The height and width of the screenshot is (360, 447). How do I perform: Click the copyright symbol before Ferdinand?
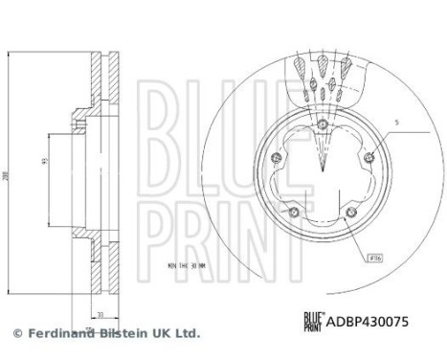(x=16, y=333)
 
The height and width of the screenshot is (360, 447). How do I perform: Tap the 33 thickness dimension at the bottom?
(x=99, y=312)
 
